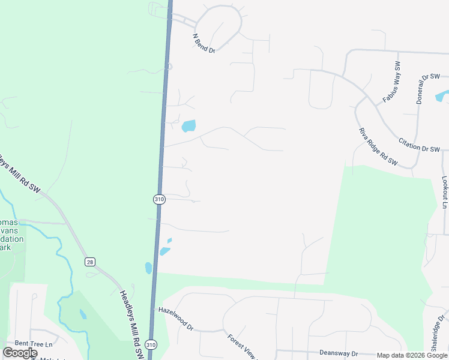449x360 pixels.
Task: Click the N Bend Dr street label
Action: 203,43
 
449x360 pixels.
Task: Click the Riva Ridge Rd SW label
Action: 378,146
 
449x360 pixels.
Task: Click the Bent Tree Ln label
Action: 34,344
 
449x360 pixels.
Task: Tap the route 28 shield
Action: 89,262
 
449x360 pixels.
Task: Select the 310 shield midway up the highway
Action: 158,199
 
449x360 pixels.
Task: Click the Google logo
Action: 20,353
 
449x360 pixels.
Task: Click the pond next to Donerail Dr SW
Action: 442,96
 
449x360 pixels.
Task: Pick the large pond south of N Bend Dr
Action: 188,125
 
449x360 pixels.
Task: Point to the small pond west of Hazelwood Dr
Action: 82,314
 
